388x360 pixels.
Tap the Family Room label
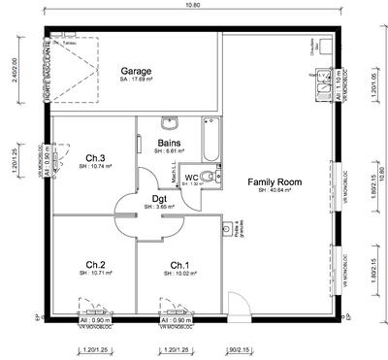pos(275,181)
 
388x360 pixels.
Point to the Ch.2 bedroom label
pos(95,264)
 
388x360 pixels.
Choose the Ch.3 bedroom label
pos(95,158)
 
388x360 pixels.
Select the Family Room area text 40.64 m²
pos(275,191)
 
